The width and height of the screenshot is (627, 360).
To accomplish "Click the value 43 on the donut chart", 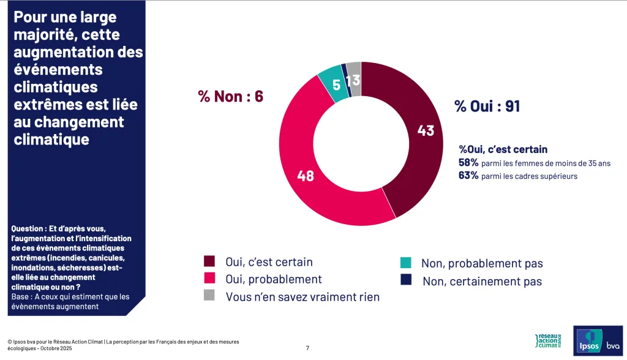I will (x=425, y=130).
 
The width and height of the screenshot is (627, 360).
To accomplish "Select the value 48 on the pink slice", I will (x=305, y=176).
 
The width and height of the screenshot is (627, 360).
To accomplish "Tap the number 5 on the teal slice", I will (x=336, y=84).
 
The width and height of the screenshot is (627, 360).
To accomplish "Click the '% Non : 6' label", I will (x=230, y=96).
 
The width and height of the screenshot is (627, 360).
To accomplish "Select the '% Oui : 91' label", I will (x=487, y=106).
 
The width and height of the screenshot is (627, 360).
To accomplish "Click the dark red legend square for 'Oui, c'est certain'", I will (x=209, y=262).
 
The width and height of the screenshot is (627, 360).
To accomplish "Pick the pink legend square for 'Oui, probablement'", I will (x=209, y=279).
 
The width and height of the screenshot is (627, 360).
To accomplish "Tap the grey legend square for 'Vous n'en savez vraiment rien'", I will (x=209, y=296).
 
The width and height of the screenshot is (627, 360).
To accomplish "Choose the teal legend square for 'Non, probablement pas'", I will (x=405, y=263).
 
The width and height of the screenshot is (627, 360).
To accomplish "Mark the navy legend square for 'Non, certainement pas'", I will (x=405, y=280).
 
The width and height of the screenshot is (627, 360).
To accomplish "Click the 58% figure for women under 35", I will (x=468, y=163).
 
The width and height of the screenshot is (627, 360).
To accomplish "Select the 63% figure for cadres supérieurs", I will (x=468, y=176).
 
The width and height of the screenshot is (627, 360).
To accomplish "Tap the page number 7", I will (x=307, y=348).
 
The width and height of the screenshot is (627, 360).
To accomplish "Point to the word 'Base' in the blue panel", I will (x=22, y=297).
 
